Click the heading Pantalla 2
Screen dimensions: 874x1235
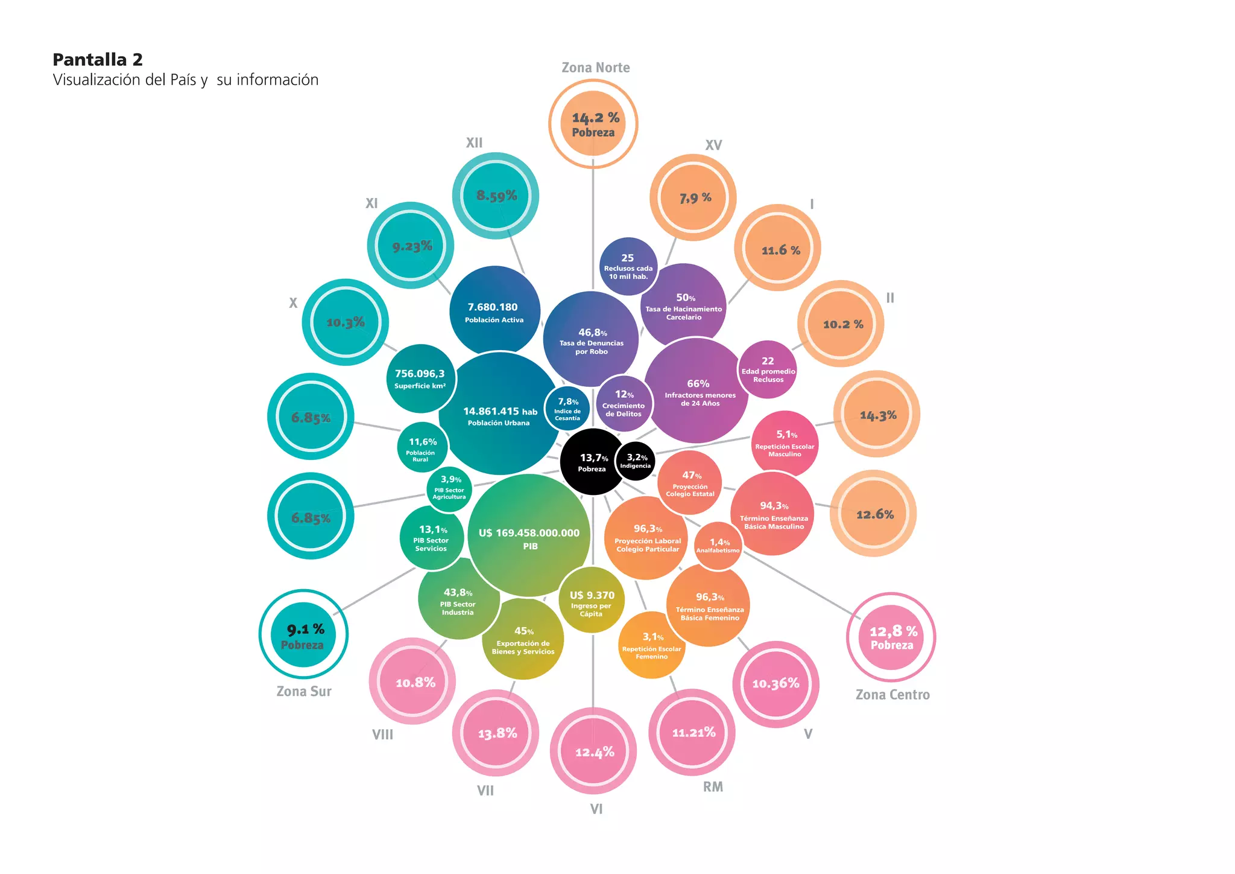click(98, 60)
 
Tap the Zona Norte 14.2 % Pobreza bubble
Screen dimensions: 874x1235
click(593, 124)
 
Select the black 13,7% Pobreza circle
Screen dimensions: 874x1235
click(592, 462)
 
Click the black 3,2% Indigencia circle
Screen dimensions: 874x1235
click(636, 461)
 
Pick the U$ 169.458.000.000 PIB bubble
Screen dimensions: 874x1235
click(529, 536)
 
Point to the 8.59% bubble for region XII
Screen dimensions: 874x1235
click(496, 196)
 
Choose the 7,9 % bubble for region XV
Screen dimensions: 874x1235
click(693, 197)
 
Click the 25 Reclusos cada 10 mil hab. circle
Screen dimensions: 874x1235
click(628, 266)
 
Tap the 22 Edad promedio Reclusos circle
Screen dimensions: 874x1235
click(768, 369)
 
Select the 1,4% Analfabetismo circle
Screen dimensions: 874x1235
click(718, 546)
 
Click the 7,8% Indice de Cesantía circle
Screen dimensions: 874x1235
click(567, 409)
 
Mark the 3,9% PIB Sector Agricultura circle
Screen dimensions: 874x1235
click(449, 489)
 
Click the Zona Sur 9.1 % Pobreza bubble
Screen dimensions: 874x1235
click(303, 635)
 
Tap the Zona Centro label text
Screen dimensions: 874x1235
click(892, 695)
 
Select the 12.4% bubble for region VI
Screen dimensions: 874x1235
click(593, 751)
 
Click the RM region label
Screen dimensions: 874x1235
click(713, 787)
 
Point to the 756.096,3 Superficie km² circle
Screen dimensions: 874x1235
click(420, 378)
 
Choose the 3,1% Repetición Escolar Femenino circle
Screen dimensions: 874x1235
click(652, 645)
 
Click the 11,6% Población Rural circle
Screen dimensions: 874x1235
click(422, 448)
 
